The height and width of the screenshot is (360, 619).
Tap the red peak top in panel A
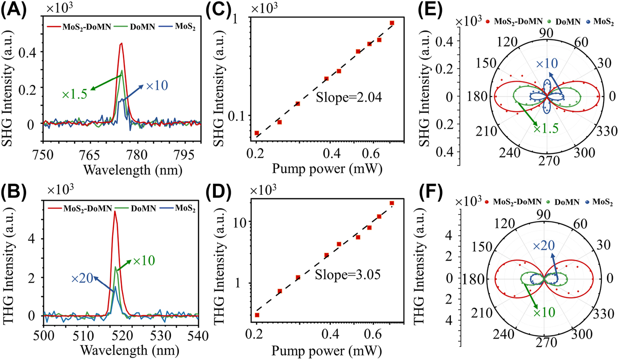click(x=121, y=43)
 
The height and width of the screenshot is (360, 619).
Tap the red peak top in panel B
click(x=115, y=211)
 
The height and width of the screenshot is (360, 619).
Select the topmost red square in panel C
click(x=392, y=23)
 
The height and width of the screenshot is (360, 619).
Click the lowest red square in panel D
click(x=256, y=315)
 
